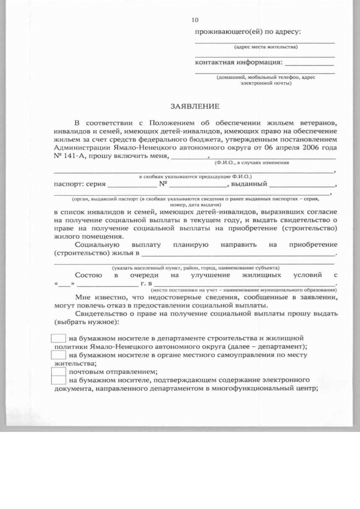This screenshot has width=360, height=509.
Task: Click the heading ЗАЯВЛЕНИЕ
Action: pyautogui.click(x=195, y=106)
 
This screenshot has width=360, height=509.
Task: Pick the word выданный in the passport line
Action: pyautogui.click(x=249, y=183)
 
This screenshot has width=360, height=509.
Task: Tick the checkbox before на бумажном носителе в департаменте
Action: pyautogui.click(x=58, y=339)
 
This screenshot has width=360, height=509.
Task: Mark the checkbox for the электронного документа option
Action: pyautogui.click(x=58, y=380)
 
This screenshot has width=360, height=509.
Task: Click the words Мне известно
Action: pyautogui.click(x=99, y=298)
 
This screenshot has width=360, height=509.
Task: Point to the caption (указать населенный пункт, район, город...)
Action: pyautogui.click(x=196, y=267)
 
